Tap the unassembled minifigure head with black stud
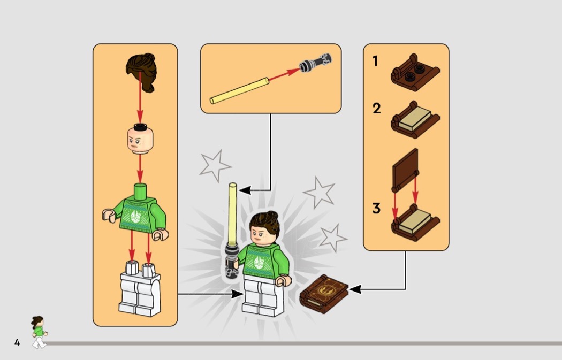140,139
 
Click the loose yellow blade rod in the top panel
239,91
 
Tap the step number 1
375,61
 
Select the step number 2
376,109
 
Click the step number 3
376,208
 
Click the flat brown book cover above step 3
406,170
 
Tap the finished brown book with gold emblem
324,293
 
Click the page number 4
17,343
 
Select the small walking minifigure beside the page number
39,332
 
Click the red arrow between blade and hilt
284,74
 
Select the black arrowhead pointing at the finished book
355,289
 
